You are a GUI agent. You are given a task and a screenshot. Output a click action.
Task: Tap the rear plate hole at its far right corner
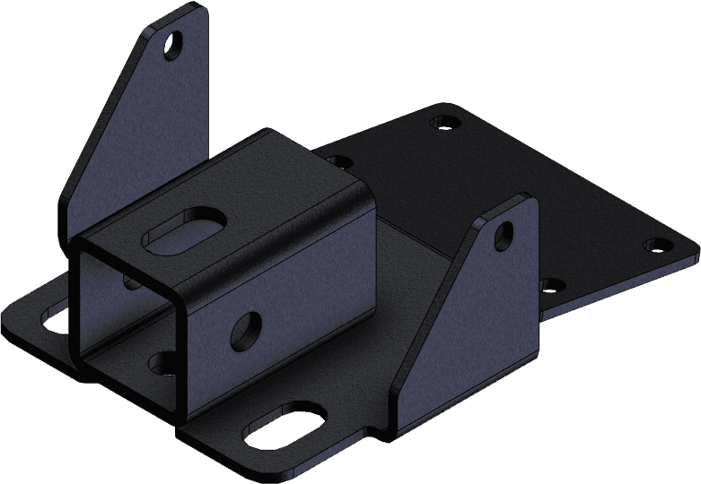[657, 243]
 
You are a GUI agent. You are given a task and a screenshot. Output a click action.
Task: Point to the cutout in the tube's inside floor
[163, 362]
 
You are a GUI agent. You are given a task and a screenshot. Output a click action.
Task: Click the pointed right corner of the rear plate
[693, 242]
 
